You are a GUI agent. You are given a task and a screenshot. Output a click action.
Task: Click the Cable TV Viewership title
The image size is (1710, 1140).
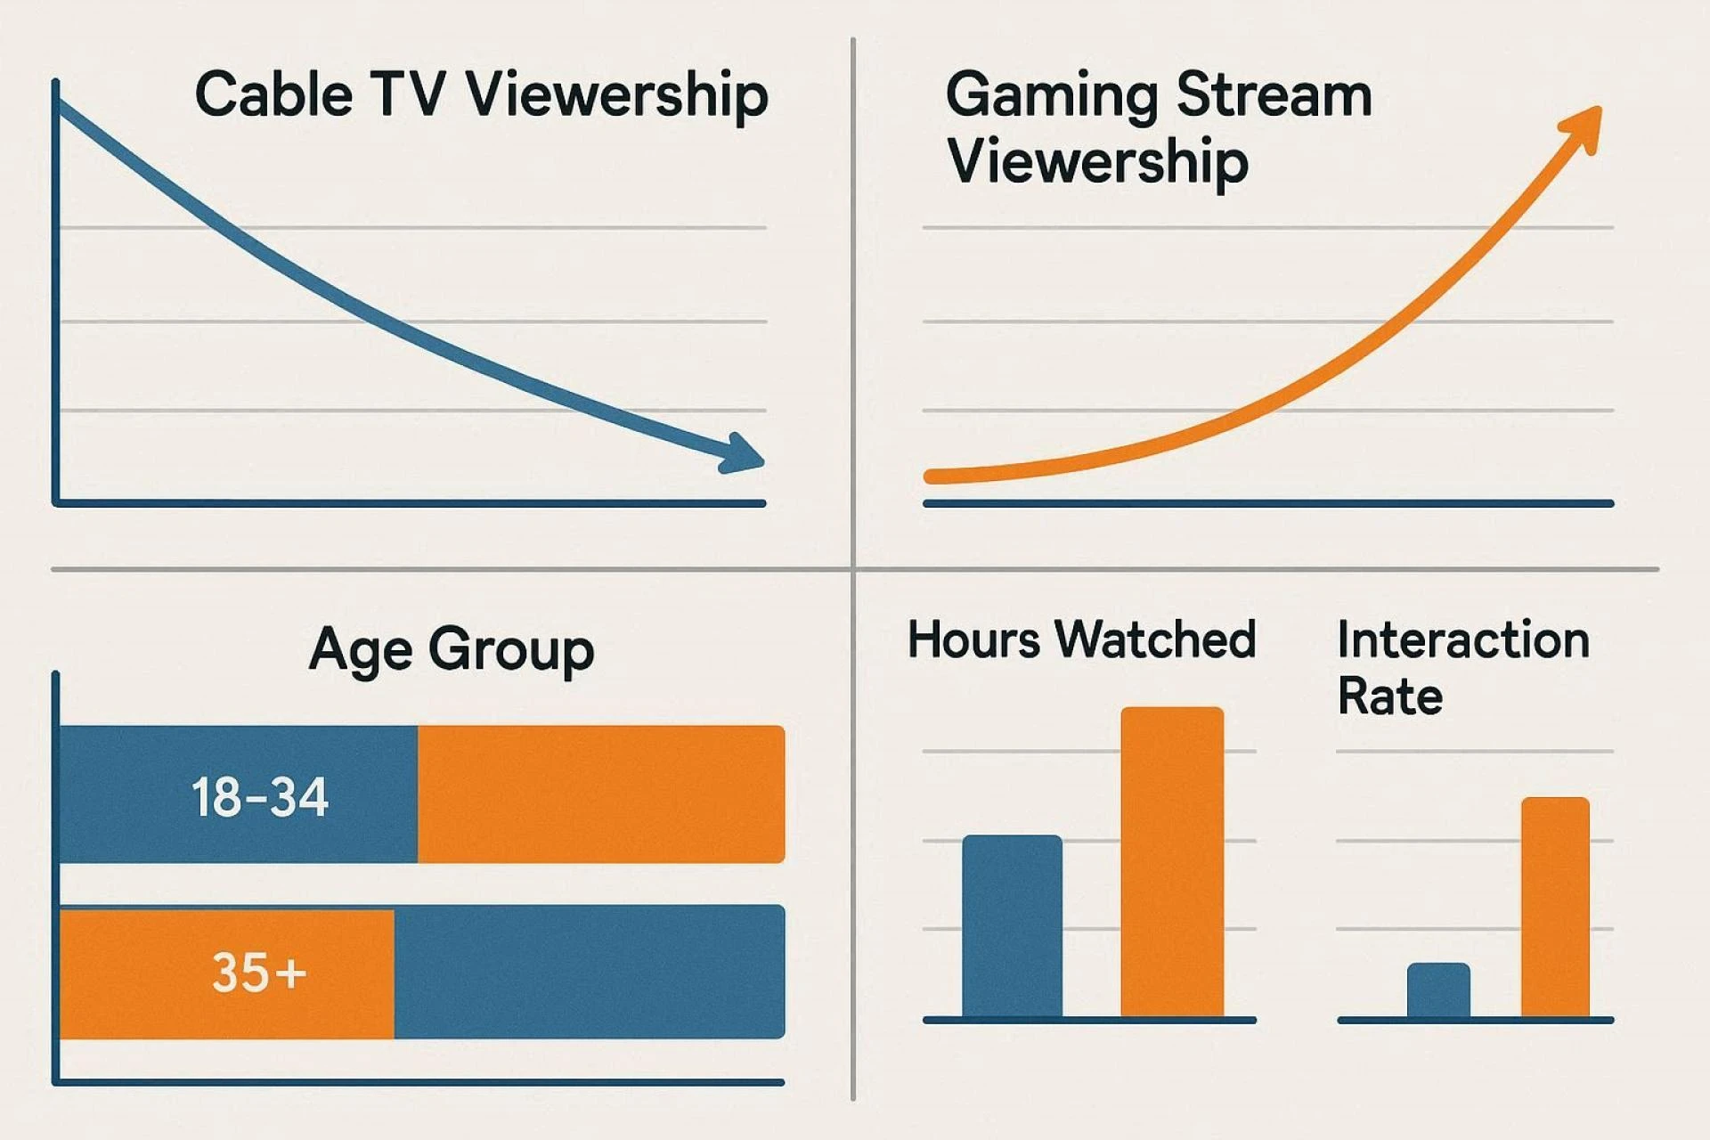[481, 94]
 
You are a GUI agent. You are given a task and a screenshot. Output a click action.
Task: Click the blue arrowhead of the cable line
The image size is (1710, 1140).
[744, 453]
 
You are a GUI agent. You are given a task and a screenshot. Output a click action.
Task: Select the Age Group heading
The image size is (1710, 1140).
[452, 649]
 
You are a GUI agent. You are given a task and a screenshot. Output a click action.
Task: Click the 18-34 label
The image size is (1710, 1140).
[260, 796]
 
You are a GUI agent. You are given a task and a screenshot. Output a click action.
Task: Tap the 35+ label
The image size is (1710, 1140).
[259, 972]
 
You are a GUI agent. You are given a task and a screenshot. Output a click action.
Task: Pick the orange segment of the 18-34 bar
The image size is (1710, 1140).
[601, 794]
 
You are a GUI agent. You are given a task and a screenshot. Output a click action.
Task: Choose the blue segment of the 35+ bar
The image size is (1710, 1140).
[589, 972]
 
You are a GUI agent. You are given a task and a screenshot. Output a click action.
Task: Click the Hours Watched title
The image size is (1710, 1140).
[1081, 639]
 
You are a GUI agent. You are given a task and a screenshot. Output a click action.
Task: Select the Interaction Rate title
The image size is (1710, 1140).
[1463, 668]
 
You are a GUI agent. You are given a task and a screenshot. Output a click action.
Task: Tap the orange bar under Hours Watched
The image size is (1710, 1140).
[1172, 862]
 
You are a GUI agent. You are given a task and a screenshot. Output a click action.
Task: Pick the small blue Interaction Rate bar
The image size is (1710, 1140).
[1438, 989]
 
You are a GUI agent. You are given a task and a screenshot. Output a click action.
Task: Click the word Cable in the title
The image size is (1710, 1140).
[273, 94]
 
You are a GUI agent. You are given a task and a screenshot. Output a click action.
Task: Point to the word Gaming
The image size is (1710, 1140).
[1052, 96]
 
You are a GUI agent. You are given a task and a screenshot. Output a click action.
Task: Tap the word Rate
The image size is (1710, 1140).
[1390, 696]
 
